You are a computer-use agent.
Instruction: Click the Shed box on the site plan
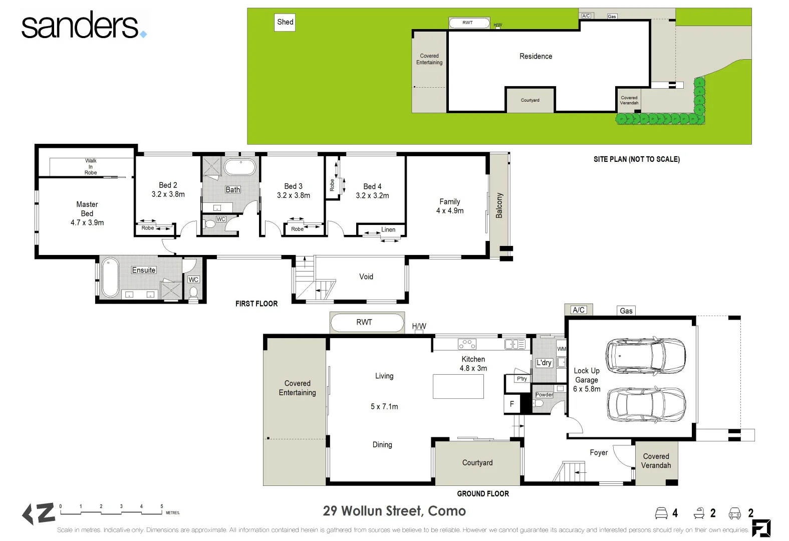(x=285, y=22)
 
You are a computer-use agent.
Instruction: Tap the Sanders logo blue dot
(x=144, y=34)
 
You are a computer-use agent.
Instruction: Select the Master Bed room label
(x=87, y=209)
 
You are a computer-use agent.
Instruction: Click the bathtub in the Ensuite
(x=110, y=278)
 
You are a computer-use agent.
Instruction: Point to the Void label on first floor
(x=366, y=277)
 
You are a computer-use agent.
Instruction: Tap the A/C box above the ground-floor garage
(x=579, y=310)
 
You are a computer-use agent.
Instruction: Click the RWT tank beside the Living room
(x=367, y=323)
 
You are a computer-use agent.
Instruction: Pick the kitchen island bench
(x=458, y=386)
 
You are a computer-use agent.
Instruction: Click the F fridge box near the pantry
(x=511, y=404)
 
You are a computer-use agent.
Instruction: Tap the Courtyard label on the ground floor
(x=477, y=463)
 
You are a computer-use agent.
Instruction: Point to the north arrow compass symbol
(x=39, y=514)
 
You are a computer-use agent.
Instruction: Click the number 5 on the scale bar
(x=161, y=506)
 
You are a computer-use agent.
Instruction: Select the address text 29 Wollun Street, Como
(x=394, y=511)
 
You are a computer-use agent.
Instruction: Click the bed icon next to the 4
(x=661, y=513)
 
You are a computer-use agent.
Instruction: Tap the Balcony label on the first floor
(x=499, y=205)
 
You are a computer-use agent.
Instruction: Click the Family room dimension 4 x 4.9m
(x=450, y=211)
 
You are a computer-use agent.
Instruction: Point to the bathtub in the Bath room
(x=240, y=167)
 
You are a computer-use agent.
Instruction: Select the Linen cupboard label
(x=388, y=229)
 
